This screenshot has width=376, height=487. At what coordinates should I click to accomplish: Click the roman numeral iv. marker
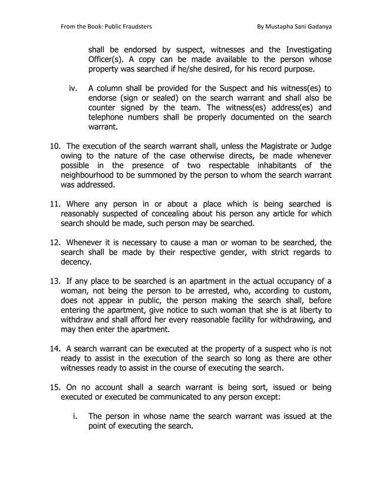pos(74,87)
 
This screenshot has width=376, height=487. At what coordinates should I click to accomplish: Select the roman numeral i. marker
pos(75,416)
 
